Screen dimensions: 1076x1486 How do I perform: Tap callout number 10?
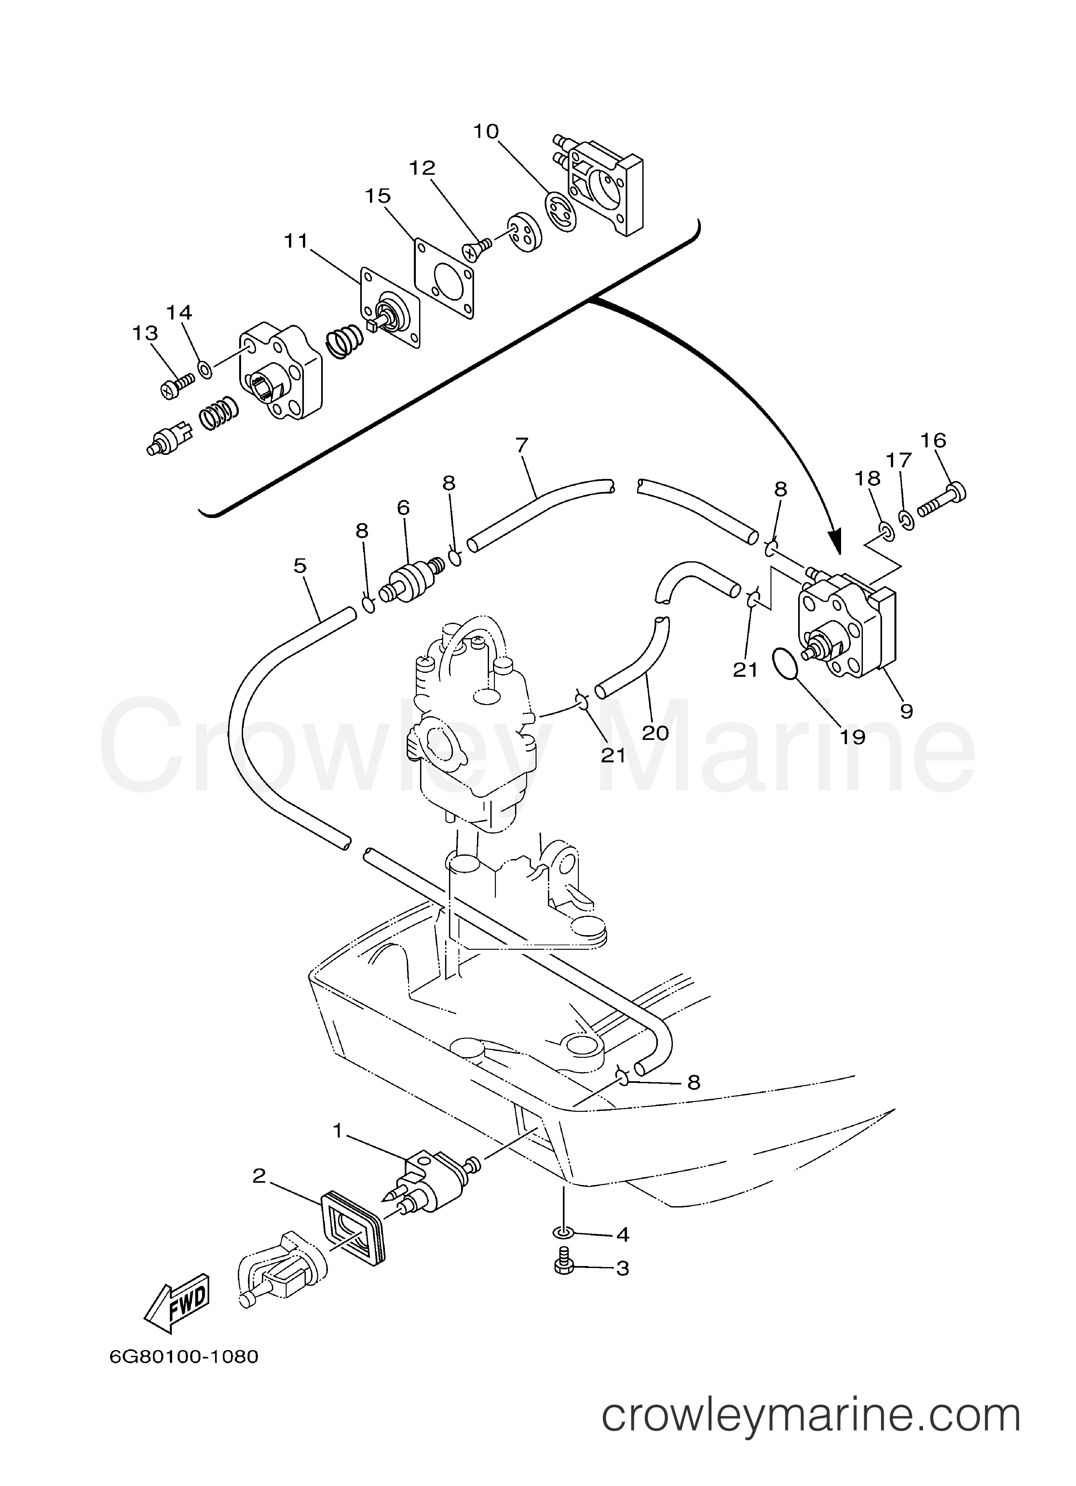[486, 132]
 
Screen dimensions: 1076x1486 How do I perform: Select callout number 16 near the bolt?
[933, 440]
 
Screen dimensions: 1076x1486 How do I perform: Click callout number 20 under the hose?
[655, 732]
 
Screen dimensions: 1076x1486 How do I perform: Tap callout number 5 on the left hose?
[300, 566]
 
